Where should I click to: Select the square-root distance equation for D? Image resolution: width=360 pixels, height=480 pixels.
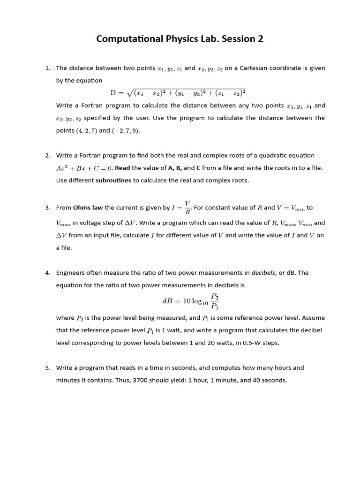tap(178, 93)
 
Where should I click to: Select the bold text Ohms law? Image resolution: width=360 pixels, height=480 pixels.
tap(88, 208)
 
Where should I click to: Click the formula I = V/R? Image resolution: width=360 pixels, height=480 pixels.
tap(181, 208)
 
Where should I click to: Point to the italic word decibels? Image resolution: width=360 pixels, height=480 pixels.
tap(264, 272)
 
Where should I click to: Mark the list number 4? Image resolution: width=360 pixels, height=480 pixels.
tap(48, 272)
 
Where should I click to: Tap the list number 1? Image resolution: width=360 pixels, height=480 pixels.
tap(48, 68)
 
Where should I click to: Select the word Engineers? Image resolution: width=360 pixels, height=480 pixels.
tap(72, 272)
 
